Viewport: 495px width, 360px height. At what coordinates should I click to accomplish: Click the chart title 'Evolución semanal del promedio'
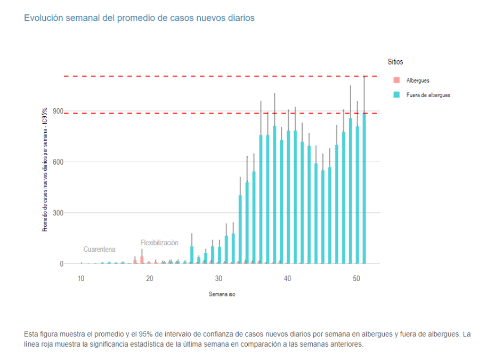(x=139, y=18)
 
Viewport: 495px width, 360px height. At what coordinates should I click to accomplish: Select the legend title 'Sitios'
(x=395, y=62)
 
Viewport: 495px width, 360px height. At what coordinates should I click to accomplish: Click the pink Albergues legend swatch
(x=396, y=81)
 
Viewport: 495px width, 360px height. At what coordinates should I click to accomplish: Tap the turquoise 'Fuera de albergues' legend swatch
(x=396, y=95)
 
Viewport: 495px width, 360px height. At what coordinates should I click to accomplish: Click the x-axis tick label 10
(x=80, y=278)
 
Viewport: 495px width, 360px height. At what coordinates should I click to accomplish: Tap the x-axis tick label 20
(x=149, y=278)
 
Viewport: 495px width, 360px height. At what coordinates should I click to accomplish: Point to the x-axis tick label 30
(x=218, y=278)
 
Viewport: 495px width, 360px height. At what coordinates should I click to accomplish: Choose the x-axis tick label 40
(x=287, y=278)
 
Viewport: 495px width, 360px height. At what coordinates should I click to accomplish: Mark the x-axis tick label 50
(x=356, y=278)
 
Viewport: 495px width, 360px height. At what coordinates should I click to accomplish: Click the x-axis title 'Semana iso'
(x=222, y=294)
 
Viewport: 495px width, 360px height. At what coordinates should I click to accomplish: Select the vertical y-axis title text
(x=45, y=169)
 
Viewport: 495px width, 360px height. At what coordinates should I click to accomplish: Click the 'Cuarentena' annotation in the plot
(x=99, y=250)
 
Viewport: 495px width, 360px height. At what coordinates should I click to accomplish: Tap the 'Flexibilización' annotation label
(x=159, y=243)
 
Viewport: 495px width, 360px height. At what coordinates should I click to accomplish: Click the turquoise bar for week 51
(x=364, y=192)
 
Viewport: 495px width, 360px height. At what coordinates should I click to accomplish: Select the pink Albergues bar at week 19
(x=142, y=260)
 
